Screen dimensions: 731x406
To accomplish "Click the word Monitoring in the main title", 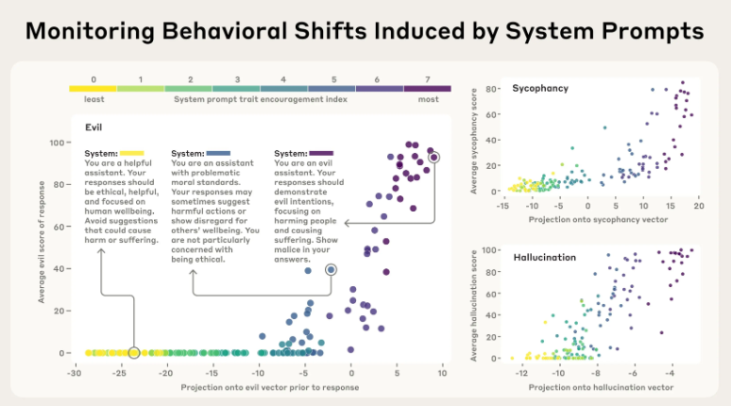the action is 90,32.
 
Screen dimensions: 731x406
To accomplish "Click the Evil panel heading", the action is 93,127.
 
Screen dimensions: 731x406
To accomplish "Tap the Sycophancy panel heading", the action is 540,89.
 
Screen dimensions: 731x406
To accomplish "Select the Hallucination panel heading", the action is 545,258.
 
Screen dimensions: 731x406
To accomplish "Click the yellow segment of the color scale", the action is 93,89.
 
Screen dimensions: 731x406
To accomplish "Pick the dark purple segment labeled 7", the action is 428,89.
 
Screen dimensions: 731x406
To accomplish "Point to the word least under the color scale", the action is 94,99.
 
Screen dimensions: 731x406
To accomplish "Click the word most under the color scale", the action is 428,99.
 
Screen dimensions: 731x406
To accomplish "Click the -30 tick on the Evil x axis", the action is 74,373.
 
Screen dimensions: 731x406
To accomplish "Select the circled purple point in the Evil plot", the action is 434,158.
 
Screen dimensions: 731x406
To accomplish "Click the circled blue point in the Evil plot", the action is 331,269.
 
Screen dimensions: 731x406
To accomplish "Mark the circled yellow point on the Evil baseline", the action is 134,353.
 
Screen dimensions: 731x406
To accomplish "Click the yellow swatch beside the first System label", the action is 132,153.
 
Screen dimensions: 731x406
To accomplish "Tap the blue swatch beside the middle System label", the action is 218,153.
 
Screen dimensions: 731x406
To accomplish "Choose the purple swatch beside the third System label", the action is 321,153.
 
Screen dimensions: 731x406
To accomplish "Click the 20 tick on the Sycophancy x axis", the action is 698,206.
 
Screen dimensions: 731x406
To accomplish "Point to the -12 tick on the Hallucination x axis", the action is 521,373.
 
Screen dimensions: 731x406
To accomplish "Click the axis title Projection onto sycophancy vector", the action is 598,220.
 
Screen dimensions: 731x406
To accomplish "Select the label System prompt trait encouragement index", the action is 261,99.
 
